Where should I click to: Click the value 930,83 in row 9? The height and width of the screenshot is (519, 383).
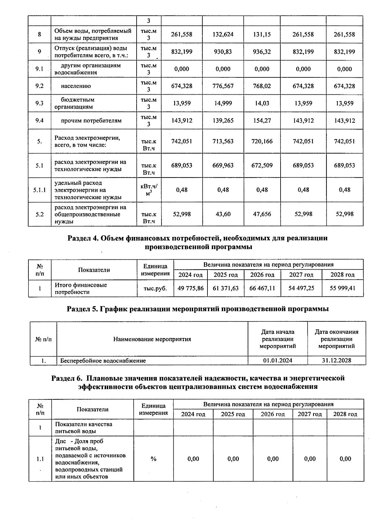223,52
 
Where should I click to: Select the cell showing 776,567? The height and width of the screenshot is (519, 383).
223,86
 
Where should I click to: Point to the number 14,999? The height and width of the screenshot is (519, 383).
223,103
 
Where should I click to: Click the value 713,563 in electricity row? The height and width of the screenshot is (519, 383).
223,141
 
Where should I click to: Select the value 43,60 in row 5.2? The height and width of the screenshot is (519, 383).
223,214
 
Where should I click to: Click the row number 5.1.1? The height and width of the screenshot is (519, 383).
40,190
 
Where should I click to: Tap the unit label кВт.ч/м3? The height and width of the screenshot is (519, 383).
149,190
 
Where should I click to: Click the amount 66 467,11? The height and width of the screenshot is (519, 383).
262,288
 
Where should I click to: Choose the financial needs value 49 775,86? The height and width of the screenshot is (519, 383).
191,288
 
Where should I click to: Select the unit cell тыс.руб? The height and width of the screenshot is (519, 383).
155,288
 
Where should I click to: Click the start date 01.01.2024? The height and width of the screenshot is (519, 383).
278,360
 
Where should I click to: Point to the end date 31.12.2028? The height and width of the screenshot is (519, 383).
336,360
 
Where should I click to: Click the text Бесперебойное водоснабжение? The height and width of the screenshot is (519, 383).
103,361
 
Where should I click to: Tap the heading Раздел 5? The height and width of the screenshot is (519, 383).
83,309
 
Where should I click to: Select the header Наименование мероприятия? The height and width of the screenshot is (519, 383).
152,339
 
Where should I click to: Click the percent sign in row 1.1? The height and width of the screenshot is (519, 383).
154,459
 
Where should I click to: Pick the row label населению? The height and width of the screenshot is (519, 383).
76,86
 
